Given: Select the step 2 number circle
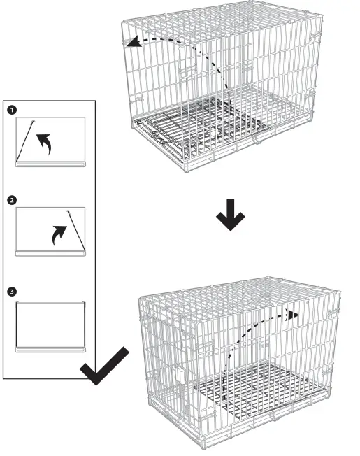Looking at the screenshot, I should click(x=11, y=200).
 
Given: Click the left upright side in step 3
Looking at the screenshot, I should click(x=17, y=322).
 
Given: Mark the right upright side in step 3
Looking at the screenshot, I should click(x=85, y=322).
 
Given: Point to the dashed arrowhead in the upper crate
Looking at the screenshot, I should click(x=131, y=43).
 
